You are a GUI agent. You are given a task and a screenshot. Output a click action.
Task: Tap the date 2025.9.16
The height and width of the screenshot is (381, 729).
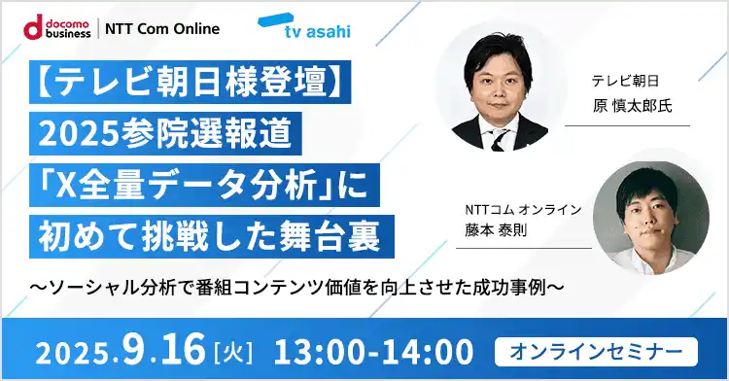tap(121, 347)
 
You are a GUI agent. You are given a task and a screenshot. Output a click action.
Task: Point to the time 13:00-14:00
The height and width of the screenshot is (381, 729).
tap(374, 348)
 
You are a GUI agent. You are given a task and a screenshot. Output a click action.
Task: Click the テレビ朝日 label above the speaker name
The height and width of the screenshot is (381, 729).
tap(625, 82)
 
